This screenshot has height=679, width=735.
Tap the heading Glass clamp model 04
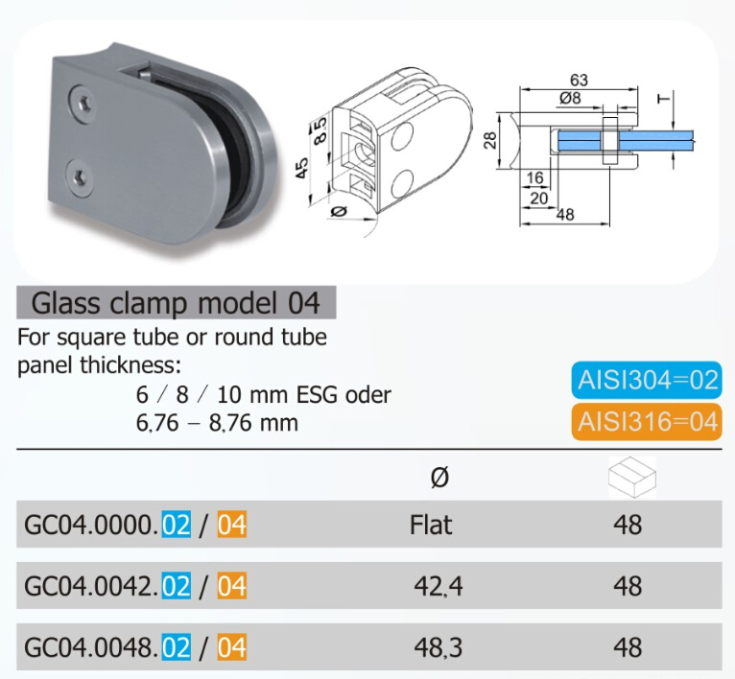pos(176,303)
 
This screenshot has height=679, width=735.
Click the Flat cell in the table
pos(431,525)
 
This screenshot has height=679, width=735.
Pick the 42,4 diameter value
pos(439,585)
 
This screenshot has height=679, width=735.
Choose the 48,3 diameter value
pos(439,647)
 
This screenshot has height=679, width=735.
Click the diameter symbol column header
pos(439,478)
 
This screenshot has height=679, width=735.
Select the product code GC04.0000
pos(88,526)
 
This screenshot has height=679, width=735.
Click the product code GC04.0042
pos(88,586)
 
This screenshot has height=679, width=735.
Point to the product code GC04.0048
pos(88,647)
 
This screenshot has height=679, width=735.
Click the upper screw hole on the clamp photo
pos(84,100)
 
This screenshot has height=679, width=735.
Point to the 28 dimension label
pos(490,141)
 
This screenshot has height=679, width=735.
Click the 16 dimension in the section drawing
pos(535,177)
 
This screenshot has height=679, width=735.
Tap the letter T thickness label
pos(662,99)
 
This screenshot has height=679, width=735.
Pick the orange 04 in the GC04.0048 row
pos(231,647)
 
